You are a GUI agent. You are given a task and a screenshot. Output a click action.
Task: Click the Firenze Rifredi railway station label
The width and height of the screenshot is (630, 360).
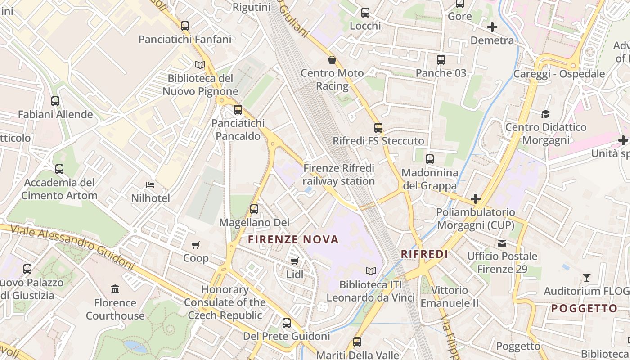click(338, 175)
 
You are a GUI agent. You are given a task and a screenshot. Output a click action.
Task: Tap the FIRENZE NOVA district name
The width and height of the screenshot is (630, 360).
click(293, 239)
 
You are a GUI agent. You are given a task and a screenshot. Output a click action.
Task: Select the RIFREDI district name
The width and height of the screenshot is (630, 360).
click(424, 254)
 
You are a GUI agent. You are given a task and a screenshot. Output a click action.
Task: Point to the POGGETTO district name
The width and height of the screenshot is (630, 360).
click(584, 308)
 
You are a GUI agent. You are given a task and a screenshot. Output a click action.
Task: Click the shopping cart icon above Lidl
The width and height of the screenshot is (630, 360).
click(295, 261)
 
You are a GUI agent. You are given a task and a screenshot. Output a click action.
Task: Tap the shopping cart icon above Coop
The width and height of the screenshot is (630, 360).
click(195, 245)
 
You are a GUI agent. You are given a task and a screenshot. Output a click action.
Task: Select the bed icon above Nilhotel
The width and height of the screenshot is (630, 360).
click(150, 185)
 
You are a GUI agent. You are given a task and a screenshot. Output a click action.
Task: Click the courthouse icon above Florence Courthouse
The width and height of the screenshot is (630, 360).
click(115, 289)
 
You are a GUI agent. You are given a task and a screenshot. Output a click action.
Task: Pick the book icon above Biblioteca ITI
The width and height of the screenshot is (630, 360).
click(370, 271)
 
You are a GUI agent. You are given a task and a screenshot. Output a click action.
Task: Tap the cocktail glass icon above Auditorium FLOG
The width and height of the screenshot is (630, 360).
click(586, 277)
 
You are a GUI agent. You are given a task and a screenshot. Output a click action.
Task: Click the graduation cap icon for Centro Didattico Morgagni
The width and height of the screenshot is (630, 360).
click(545, 114)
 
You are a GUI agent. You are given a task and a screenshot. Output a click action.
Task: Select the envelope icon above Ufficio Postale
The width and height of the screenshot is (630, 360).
click(502, 243)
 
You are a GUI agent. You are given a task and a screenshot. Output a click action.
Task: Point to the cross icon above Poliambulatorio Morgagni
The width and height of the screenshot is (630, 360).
click(476, 198)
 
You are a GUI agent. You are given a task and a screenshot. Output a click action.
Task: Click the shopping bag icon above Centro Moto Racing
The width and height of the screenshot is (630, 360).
click(332, 60)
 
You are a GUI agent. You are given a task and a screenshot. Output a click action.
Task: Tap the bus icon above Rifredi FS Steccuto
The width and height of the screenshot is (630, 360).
click(378, 128)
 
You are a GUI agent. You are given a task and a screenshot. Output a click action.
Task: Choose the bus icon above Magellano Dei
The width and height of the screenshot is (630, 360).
click(254, 209)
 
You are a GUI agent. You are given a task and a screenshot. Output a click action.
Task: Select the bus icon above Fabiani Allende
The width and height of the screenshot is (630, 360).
click(55, 101)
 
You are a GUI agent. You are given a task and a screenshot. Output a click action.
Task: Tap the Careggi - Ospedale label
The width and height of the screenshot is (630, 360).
click(559, 74)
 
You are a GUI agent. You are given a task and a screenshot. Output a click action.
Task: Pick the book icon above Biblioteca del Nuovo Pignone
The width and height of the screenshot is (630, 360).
click(200, 65)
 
